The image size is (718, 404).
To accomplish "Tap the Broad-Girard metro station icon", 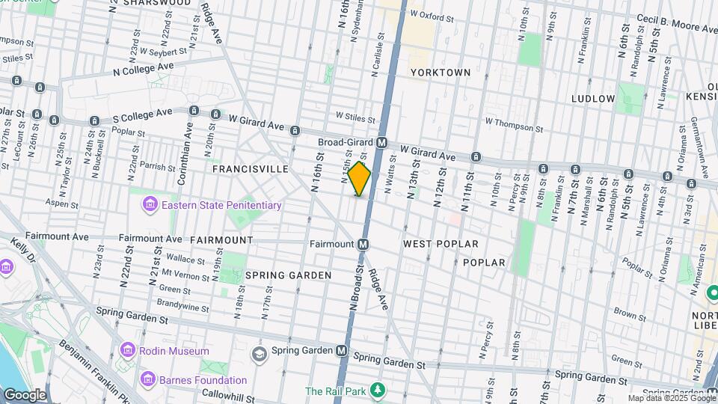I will [x=381, y=142].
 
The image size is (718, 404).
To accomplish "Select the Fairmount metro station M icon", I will [x=363, y=244].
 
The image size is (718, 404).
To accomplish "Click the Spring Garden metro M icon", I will [x=342, y=350].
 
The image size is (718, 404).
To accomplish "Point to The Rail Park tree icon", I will [x=378, y=391].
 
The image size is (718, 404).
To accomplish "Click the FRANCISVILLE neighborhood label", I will [x=250, y=169].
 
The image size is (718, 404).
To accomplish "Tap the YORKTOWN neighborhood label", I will [x=441, y=73].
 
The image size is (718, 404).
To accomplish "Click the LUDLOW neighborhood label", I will [x=592, y=99].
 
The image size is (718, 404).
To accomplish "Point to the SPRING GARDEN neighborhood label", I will [x=288, y=275].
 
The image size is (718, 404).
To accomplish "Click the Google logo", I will [x=25, y=394].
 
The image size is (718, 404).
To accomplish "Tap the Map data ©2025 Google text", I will [x=672, y=398].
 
